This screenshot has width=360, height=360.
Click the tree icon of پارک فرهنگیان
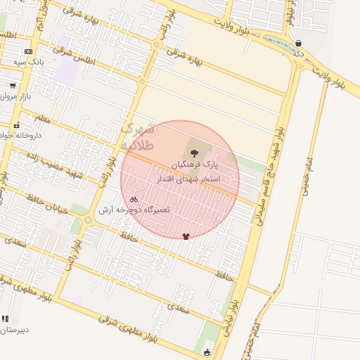[x=195, y=153]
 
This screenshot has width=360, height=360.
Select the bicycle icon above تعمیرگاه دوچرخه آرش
[x=134, y=200]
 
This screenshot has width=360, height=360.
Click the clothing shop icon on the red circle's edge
[x=186, y=236]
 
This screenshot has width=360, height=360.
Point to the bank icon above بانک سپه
[x=28, y=51]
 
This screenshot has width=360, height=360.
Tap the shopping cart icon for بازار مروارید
[x=12, y=85]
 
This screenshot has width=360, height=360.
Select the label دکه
[x=299, y=53]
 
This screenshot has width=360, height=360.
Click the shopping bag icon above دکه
[x=299, y=43]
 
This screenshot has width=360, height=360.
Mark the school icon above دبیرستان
[x=6, y=319]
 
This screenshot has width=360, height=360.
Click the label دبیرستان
[x=14, y=329]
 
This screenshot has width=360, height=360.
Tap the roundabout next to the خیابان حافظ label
[x=88, y=220]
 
